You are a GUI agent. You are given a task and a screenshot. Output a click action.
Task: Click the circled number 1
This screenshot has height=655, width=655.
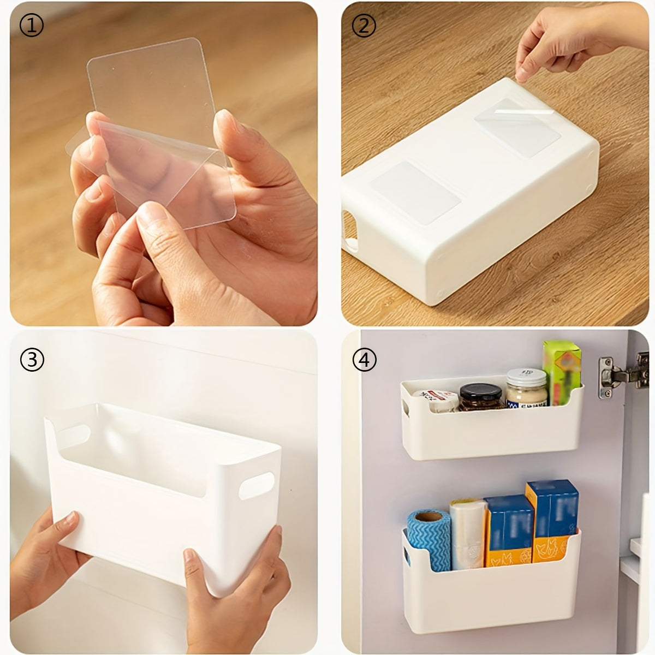pos(31,26)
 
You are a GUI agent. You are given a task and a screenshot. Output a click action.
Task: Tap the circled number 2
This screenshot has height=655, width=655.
pos(364,26)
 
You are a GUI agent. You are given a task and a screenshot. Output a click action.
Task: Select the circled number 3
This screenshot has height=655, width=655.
pos(32,360)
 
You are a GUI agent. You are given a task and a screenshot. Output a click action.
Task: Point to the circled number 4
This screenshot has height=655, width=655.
pos(364,360)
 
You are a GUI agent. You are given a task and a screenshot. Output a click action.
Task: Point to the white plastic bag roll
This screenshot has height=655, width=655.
pos(467,532)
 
